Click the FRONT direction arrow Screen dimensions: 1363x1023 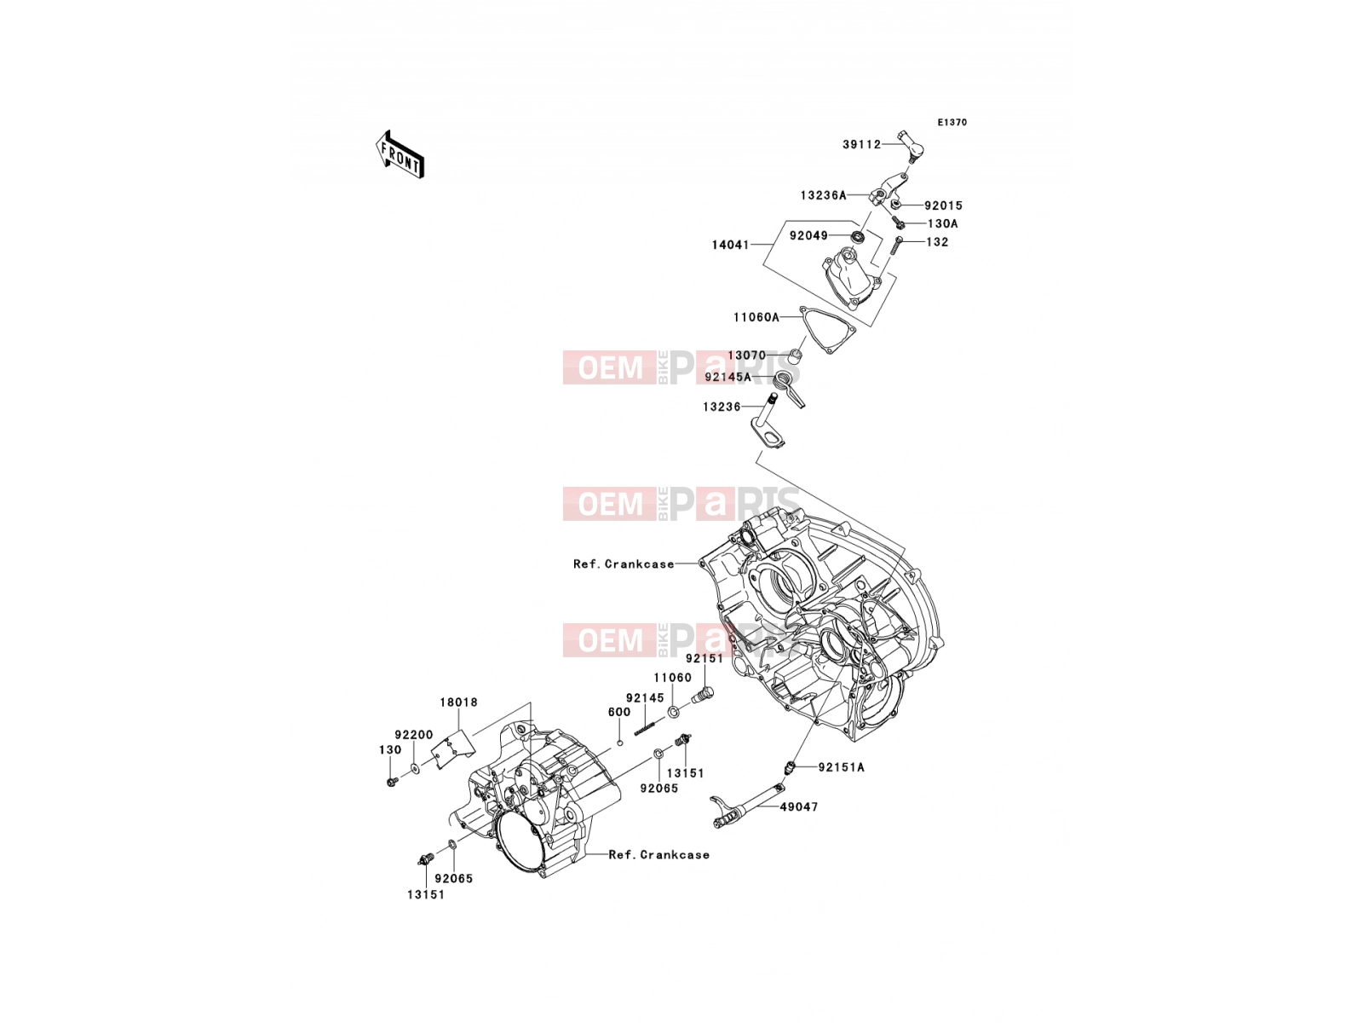coord(400,155)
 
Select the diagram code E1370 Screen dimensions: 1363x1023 coord(952,123)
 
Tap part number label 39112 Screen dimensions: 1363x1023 coord(861,145)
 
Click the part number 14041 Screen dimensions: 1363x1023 coord(730,245)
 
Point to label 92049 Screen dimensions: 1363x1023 coord(808,235)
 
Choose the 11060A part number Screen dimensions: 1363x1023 coord(756,317)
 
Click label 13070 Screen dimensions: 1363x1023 coord(747,355)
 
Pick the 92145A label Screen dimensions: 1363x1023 coord(728,377)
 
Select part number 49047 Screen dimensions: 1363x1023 coord(799,806)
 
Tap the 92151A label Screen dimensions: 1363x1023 coord(842,767)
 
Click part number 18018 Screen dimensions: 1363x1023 coord(459,702)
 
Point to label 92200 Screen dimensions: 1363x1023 coord(414,735)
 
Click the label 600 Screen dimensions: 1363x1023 coord(619,713)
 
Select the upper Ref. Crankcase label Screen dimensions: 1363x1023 coord(624,564)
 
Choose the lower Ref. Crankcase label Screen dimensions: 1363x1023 coord(658,855)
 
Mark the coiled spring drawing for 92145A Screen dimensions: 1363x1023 coord(789,390)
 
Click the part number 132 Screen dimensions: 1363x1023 coord(937,242)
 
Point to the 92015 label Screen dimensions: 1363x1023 coord(943,205)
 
